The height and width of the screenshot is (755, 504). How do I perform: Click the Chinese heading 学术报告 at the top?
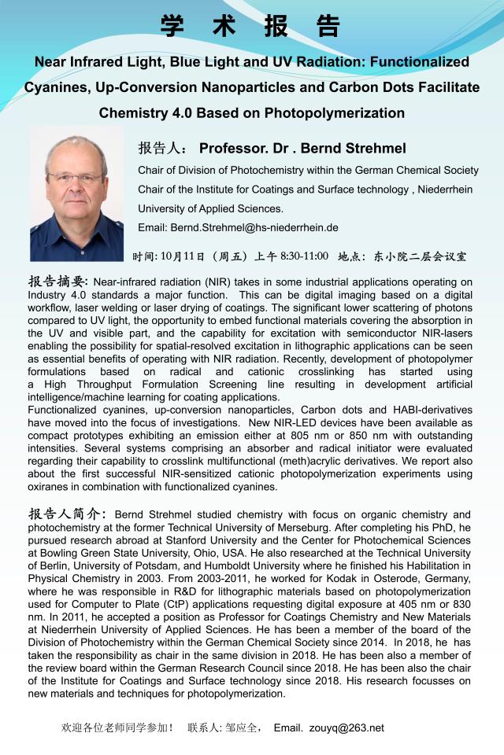251,26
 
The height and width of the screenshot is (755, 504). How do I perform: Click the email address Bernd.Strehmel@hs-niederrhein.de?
254,228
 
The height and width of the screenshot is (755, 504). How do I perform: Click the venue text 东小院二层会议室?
420,256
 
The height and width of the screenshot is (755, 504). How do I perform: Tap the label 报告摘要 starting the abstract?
59,281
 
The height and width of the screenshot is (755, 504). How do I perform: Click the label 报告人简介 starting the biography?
65,514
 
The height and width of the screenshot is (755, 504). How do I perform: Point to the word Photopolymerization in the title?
334,112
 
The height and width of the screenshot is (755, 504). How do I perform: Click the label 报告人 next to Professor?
161,149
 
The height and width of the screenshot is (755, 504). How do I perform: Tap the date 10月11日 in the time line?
182,256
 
